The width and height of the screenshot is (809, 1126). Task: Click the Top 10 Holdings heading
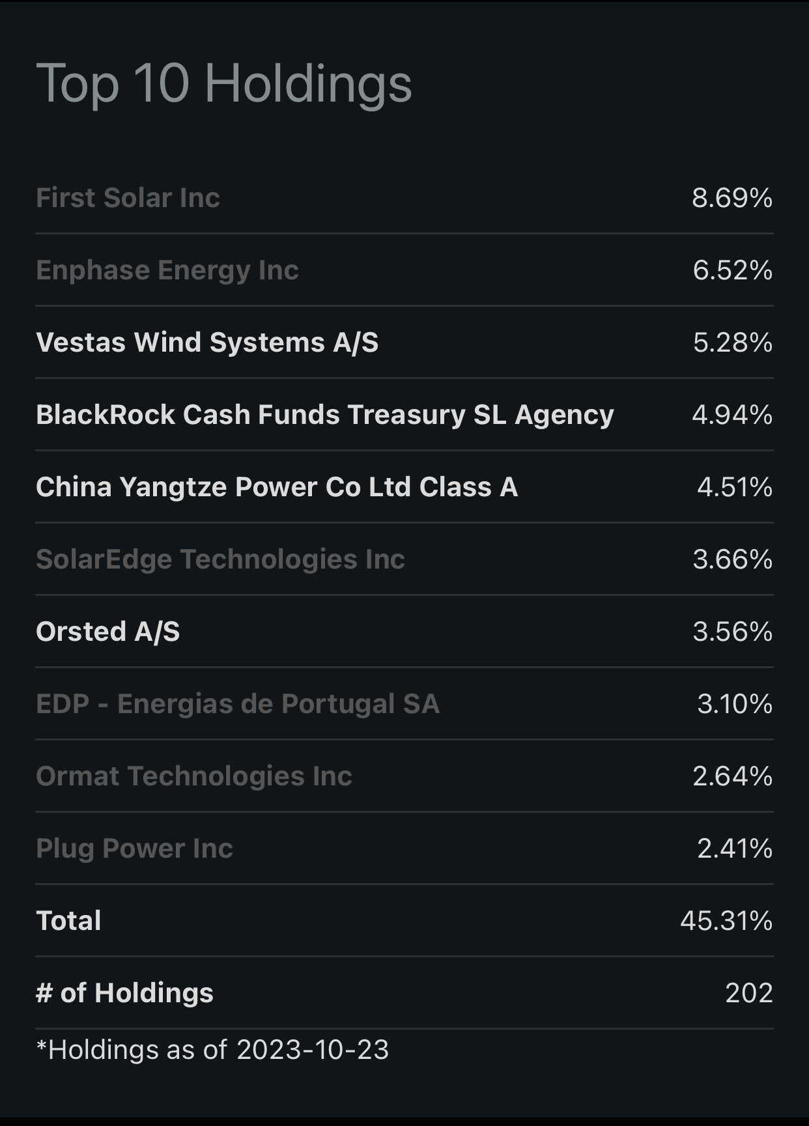pyautogui.click(x=223, y=83)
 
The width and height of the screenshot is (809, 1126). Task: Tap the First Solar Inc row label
pyautogui.click(x=128, y=198)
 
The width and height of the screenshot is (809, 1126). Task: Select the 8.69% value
pyautogui.click(x=732, y=198)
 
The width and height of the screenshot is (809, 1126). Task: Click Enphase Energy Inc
pyautogui.click(x=167, y=270)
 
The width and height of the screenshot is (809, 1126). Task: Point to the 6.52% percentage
pyautogui.click(x=732, y=270)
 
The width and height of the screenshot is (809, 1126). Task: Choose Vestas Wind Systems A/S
pyautogui.click(x=206, y=343)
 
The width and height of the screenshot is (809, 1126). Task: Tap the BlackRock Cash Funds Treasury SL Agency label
pyautogui.click(x=324, y=415)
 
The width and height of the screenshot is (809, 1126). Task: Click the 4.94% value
pyautogui.click(x=732, y=415)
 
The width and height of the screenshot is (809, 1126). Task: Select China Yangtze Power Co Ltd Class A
pyautogui.click(x=276, y=487)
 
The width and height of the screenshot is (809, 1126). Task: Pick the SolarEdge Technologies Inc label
pyautogui.click(x=220, y=559)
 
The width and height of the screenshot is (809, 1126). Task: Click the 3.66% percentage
pyautogui.click(x=732, y=559)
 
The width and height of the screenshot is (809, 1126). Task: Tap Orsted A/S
pyautogui.click(x=107, y=632)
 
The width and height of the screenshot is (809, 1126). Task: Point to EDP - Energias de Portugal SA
pyautogui.click(x=237, y=704)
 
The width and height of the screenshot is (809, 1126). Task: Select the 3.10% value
pyautogui.click(x=734, y=704)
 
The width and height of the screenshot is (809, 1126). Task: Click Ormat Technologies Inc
pyautogui.click(x=193, y=776)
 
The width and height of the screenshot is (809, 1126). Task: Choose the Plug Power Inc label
pyautogui.click(x=134, y=849)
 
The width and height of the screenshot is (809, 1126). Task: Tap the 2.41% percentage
pyautogui.click(x=734, y=849)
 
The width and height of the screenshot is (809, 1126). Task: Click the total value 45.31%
pyautogui.click(x=726, y=921)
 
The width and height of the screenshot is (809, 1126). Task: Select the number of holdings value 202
pyautogui.click(x=748, y=993)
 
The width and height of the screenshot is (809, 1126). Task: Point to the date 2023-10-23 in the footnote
pyautogui.click(x=312, y=1050)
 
